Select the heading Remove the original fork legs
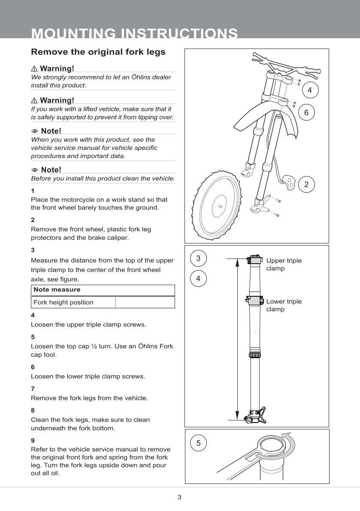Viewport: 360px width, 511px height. (x=98, y=52)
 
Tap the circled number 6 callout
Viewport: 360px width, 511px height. (x=306, y=113)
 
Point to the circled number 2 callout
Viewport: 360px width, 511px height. (x=306, y=184)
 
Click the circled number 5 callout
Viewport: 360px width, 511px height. (x=198, y=443)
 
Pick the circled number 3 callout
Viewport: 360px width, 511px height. (x=198, y=259)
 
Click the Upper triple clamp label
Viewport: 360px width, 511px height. (x=284, y=264)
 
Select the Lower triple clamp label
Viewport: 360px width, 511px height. (x=284, y=305)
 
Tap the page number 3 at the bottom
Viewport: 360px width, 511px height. (x=179, y=497)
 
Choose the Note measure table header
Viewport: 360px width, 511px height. (x=51, y=290)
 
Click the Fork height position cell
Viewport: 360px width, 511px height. (x=64, y=302)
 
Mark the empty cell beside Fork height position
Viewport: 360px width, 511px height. (x=145, y=302)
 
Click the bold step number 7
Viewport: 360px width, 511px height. (x=33, y=389)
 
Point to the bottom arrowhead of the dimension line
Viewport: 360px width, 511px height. (x=237, y=415)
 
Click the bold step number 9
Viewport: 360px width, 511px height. (x=33, y=440)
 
